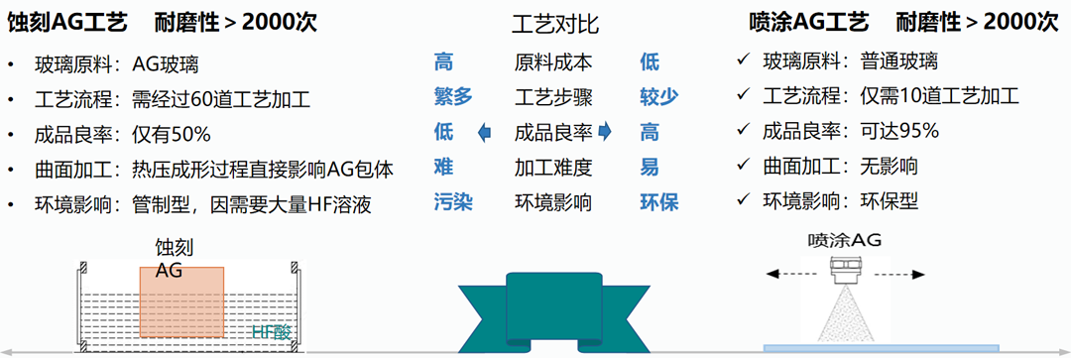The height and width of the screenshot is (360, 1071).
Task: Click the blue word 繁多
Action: pyautogui.click(x=453, y=97)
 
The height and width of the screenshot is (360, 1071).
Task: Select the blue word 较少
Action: pyautogui.click(x=658, y=97)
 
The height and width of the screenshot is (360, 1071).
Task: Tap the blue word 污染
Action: pyautogui.click(x=453, y=203)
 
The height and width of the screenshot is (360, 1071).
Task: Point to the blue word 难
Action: pyautogui.click(x=443, y=168)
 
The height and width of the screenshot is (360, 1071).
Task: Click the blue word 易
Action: pyautogui.click(x=649, y=168)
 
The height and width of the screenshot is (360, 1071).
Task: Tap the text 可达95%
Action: pyautogui.click(x=899, y=133)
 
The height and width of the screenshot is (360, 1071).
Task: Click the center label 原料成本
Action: pyautogui.click(x=553, y=62)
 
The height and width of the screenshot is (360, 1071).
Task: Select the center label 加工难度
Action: pyautogui.click(x=553, y=168)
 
